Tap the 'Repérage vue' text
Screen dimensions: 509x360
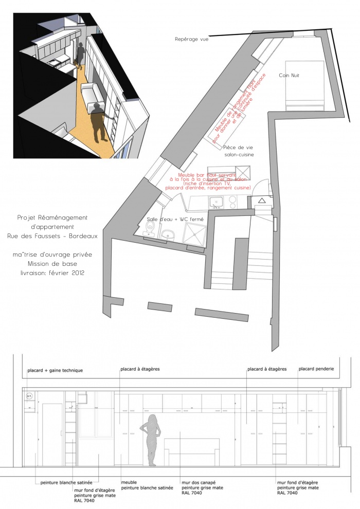192,39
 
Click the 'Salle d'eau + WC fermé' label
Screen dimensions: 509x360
175,219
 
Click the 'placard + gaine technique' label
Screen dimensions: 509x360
55,370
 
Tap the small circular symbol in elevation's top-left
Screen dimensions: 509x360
29,395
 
